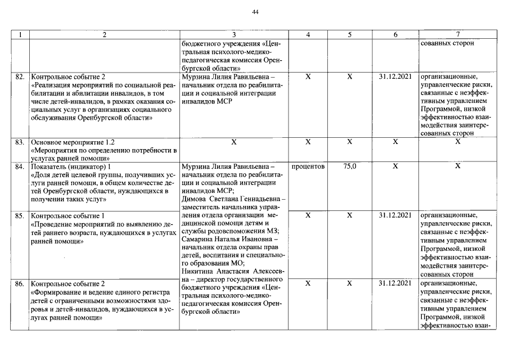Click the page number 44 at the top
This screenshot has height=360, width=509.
(255, 12)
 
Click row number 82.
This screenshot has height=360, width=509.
(20, 76)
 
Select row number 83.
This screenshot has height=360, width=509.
(20, 143)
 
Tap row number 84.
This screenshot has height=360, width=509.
(20, 167)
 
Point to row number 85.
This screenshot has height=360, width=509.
(20, 215)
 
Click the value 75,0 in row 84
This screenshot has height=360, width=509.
(349, 167)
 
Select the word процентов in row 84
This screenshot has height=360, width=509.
(308, 167)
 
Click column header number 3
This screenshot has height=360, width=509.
(233, 35)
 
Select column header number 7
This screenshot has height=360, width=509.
(458, 35)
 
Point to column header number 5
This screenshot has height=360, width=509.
(349, 35)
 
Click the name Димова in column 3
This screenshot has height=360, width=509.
(195, 199)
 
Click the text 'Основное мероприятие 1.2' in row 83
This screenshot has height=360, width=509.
(66, 143)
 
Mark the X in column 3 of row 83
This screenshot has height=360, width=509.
(233, 143)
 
